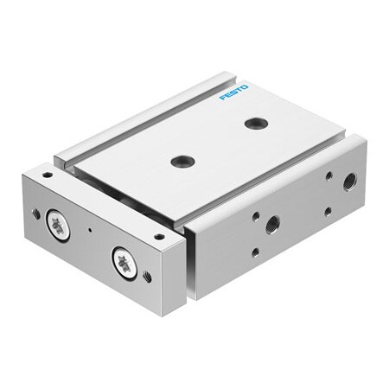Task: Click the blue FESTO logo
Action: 233,92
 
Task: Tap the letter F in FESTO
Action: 222,97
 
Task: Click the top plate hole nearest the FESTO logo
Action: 256,123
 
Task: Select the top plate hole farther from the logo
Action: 182,160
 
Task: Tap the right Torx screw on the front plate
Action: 124,263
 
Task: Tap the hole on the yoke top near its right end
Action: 158,236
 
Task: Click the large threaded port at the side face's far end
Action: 349,182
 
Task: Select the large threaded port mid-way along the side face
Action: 271,224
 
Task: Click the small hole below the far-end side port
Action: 328,211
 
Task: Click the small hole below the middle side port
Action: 254,252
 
